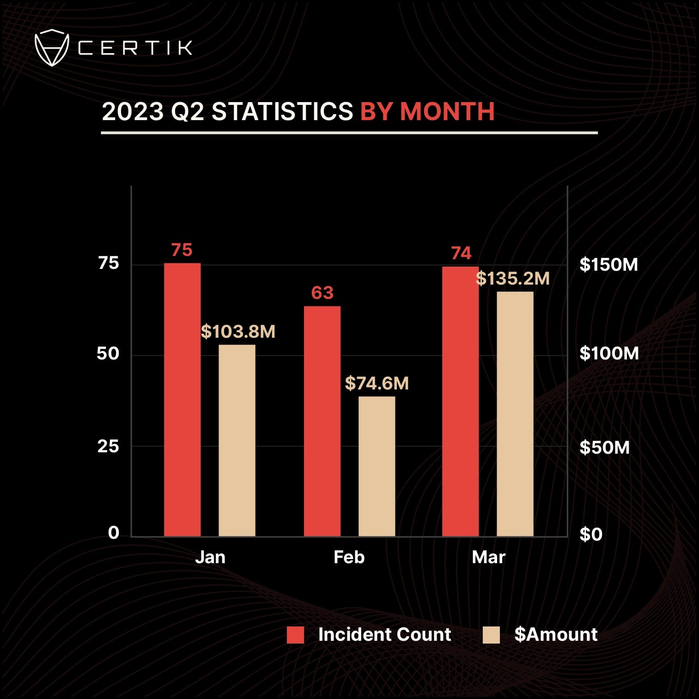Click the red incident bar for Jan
[x=182, y=400]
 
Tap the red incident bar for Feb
[x=322, y=421]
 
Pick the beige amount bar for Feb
[x=377, y=466]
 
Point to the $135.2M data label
[x=512, y=279]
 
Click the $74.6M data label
[x=377, y=383]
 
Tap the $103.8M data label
[x=238, y=332]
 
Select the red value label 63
[x=322, y=293]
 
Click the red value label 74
[x=461, y=253]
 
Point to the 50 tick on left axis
[x=108, y=354]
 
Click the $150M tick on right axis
[x=608, y=265]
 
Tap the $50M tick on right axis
[x=604, y=447]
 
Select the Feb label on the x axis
[x=349, y=557]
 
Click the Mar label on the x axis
[x=488, y=557]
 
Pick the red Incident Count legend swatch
[x=295, y=635]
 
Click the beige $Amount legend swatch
[x=491, y=635]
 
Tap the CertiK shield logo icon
[x=52, y=47]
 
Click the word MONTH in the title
[x=447, y=111]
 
